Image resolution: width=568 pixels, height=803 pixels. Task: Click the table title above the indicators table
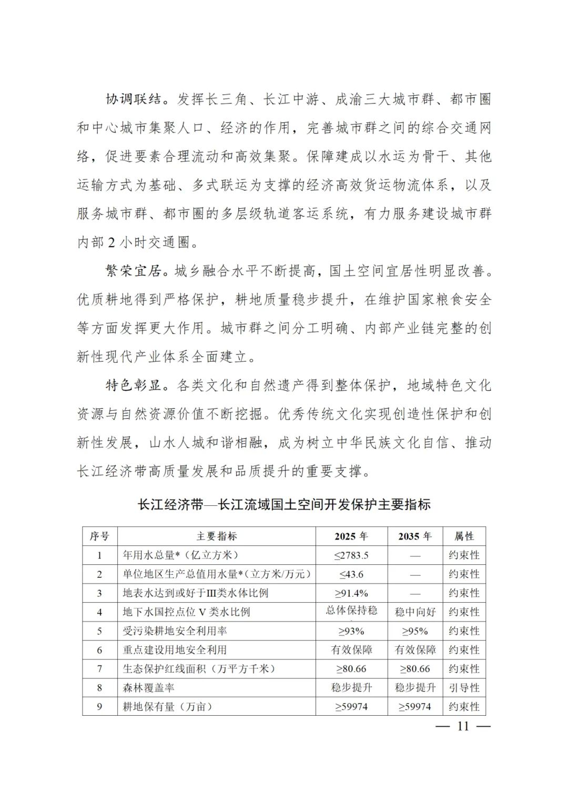pos(284,505)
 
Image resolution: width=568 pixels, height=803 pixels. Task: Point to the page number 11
pos(463,726)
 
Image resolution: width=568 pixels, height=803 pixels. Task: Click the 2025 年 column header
pos(351,536)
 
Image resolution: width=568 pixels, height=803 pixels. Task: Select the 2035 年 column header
pos(415,536)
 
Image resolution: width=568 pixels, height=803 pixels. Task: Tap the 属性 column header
pos(464,536)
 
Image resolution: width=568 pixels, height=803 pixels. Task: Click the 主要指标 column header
pos(216,536)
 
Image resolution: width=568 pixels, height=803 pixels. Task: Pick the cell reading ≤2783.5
pos(351,555)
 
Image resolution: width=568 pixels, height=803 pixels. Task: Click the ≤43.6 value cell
pos(351,574)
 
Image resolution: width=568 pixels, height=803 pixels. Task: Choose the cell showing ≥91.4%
pos(351,593)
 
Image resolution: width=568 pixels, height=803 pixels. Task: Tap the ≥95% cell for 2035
pos(415,631)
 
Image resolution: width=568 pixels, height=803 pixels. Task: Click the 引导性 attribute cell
pos(464,688)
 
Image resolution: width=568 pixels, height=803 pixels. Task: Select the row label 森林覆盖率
pos(149,688)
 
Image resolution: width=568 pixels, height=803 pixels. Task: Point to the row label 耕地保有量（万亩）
pos(168,707)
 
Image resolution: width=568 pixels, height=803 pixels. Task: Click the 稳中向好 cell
pos(415,612)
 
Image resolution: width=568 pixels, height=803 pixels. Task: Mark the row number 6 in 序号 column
pos(99,650)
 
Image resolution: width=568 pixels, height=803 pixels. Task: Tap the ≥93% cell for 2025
pos(351,631)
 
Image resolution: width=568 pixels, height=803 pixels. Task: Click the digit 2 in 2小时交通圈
pos(111,243)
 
